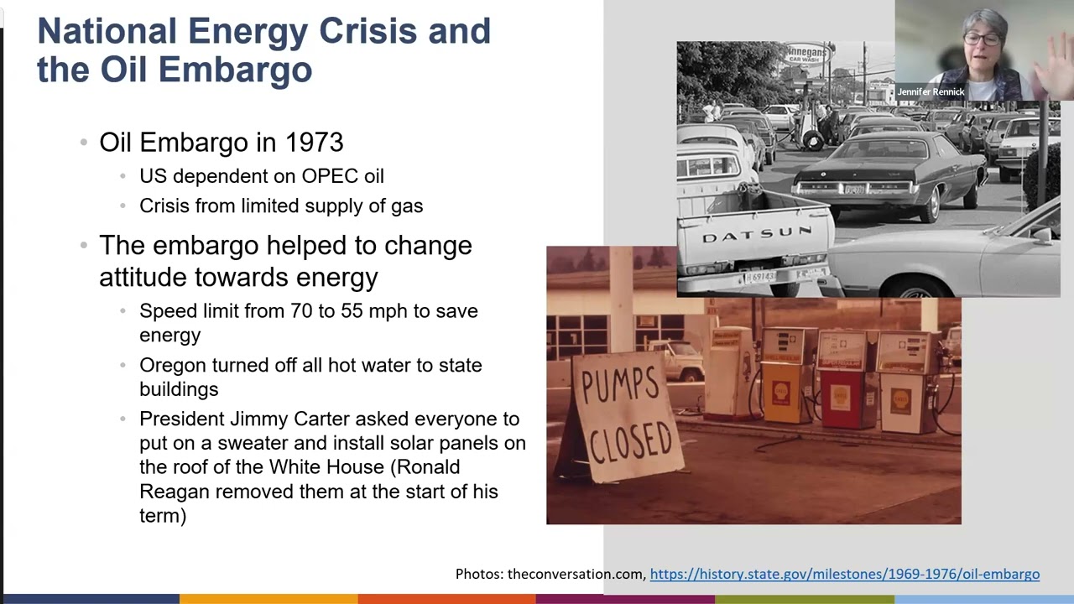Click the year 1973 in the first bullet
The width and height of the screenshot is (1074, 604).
pos(314,143)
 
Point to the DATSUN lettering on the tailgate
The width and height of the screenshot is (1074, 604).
pos(756,236)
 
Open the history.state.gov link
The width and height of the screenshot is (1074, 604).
pos(844,574)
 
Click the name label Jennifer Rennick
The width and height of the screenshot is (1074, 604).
pos(931,91)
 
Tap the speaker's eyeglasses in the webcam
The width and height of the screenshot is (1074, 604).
pos(981,39)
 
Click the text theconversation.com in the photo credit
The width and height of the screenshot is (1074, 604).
pos(576,574)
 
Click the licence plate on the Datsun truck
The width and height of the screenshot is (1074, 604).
pos(760,276)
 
